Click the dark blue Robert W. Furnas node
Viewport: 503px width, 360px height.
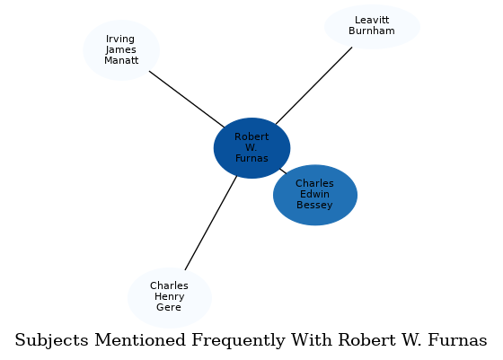251,148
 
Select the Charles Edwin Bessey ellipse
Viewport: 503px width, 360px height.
315,195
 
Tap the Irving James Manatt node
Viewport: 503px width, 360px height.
121,50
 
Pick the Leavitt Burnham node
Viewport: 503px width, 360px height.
372,26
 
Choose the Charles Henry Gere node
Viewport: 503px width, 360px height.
169,297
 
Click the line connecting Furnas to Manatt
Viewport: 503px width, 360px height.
186,99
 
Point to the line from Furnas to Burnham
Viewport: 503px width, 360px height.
313,86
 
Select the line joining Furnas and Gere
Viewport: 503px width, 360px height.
211,222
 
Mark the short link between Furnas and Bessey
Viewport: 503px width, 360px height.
283,171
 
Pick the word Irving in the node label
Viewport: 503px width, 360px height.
121,39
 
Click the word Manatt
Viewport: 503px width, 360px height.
121,61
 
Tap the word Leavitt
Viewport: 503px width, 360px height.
372,20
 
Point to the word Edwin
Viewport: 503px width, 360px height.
315,195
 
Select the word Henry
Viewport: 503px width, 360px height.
169,297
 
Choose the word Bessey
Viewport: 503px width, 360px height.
315,206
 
